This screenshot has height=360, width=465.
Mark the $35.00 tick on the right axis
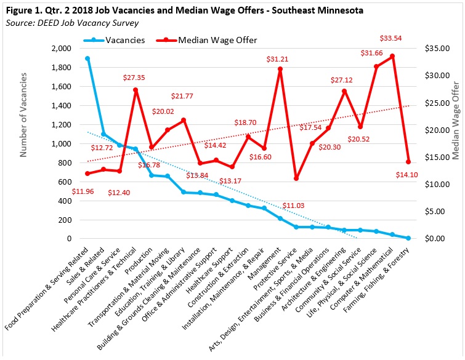(434, 49)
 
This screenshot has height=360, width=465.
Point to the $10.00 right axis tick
(434, 185)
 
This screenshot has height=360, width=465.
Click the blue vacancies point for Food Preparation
(87, 58)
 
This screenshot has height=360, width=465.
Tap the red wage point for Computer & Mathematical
(392, 56)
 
